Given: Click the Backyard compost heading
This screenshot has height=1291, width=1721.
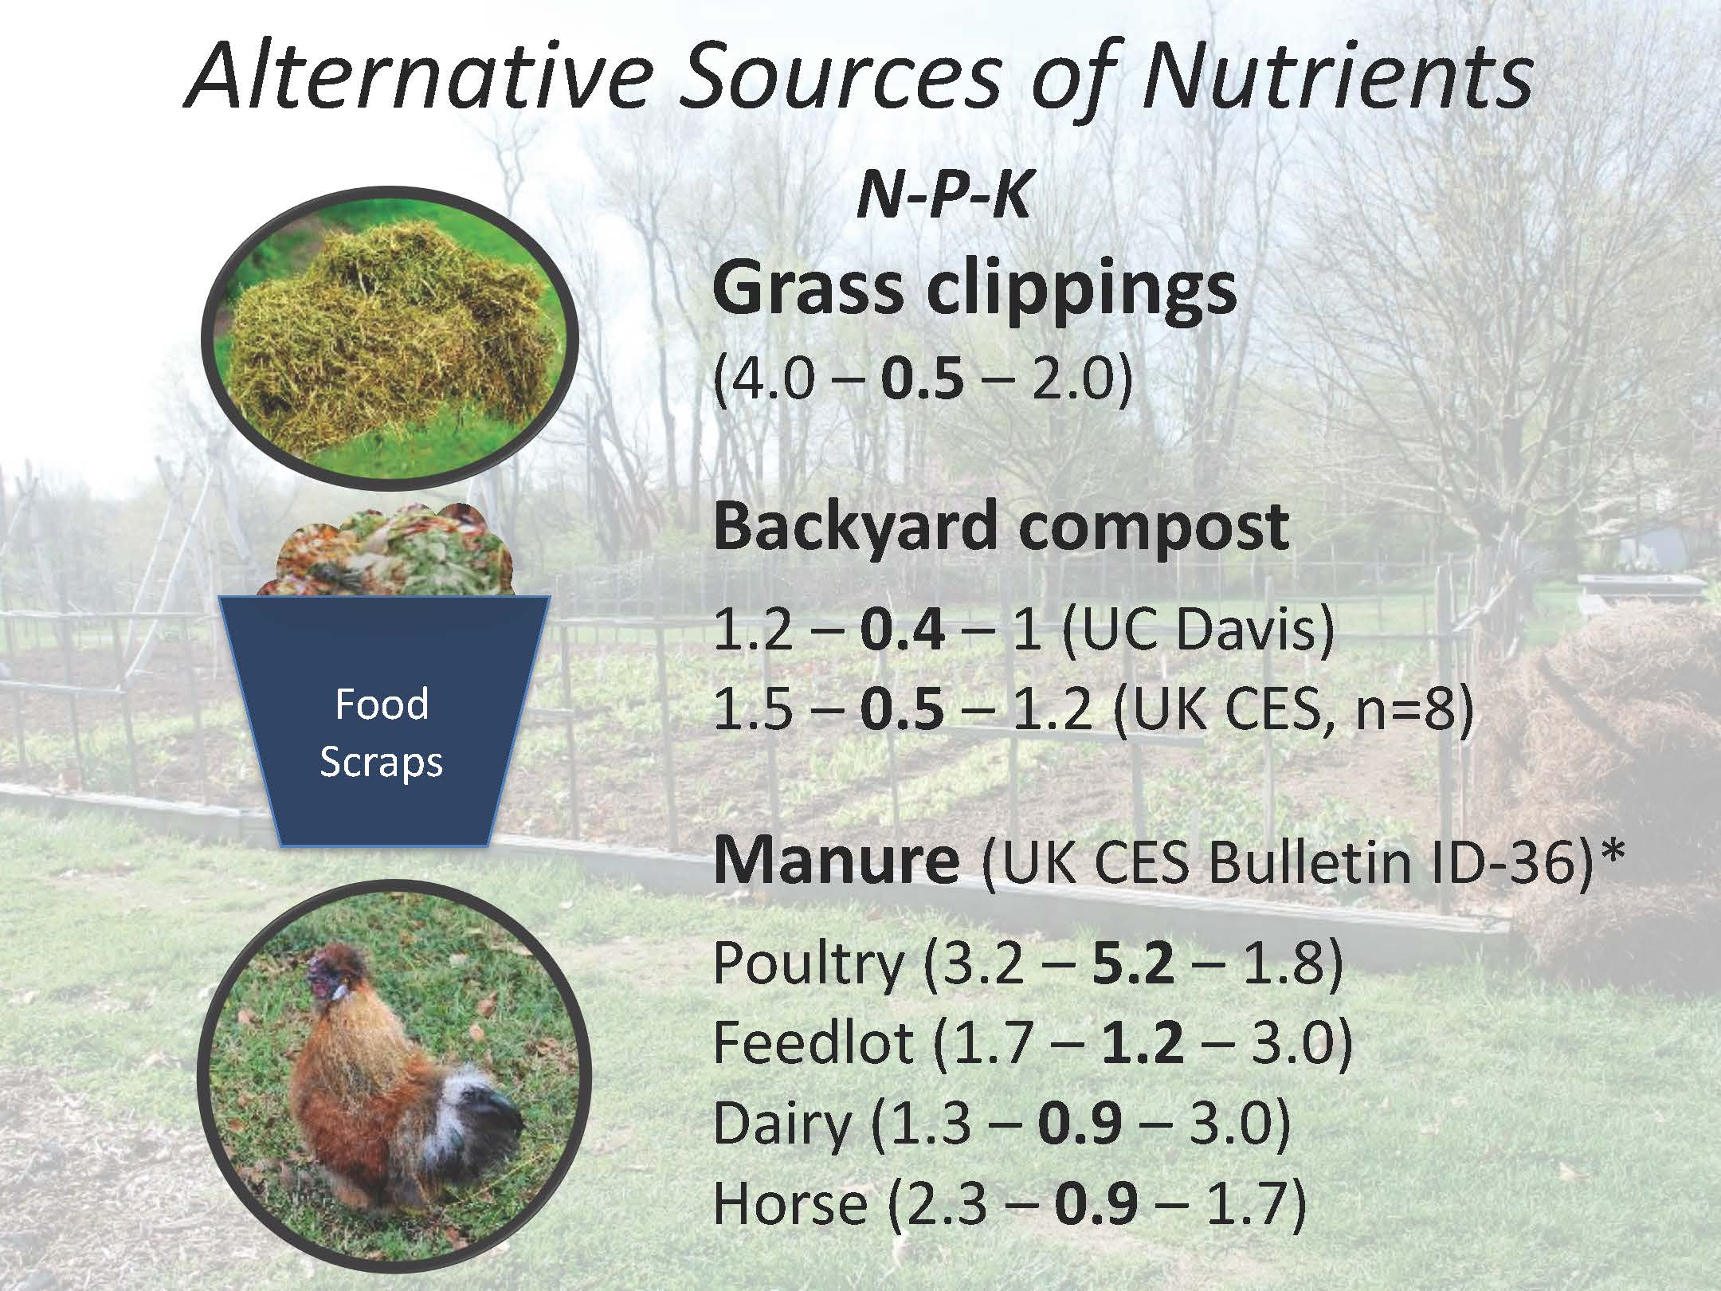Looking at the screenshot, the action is point(1001,528).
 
